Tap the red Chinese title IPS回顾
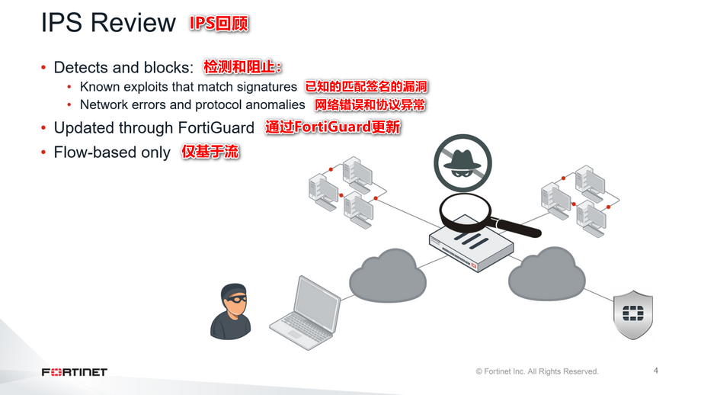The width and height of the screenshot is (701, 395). pyautogui.click(x=219, y=23)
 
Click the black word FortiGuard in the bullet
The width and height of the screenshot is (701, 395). pyautogui.click(x=216, y=127)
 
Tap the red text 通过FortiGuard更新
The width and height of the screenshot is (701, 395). pyautogui.click(x=333, y=127)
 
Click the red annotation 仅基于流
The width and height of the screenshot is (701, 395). pyautogui.click(x=210, y=152)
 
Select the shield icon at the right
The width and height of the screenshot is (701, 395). pyautogui.click(x=634, y=313)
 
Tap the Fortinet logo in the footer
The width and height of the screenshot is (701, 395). pyautogui.click(x=75, y=372)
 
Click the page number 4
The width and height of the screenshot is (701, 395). pyautogui.click(x=656, y=371)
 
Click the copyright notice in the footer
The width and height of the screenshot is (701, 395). pyautogui.click(x=537, y=371)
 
